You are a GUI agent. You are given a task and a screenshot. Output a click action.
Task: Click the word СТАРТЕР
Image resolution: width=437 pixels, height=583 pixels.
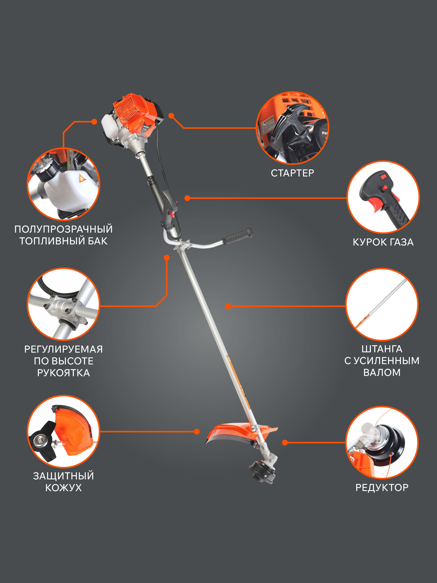click(x=292, y=173)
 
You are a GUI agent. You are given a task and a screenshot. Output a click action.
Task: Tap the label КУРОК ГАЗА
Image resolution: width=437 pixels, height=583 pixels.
click(x=383, y=242)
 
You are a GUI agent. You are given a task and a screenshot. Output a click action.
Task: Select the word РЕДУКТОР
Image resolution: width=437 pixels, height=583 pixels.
click(x=382, y=488)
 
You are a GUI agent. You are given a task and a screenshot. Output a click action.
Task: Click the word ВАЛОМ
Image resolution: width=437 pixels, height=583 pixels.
click(x=382, y=372)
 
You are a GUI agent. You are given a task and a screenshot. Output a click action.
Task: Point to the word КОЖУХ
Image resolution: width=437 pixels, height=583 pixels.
click(x=64, y=488)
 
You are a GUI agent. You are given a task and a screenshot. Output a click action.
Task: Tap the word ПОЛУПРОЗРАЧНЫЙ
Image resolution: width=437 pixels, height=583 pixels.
click(x=64, y=229)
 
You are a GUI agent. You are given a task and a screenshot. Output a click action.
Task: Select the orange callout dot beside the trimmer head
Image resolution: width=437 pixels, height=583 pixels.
click(x=285, y=442)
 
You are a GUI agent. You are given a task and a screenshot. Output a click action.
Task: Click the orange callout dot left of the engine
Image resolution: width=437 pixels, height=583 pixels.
click(x=94, y=121)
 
